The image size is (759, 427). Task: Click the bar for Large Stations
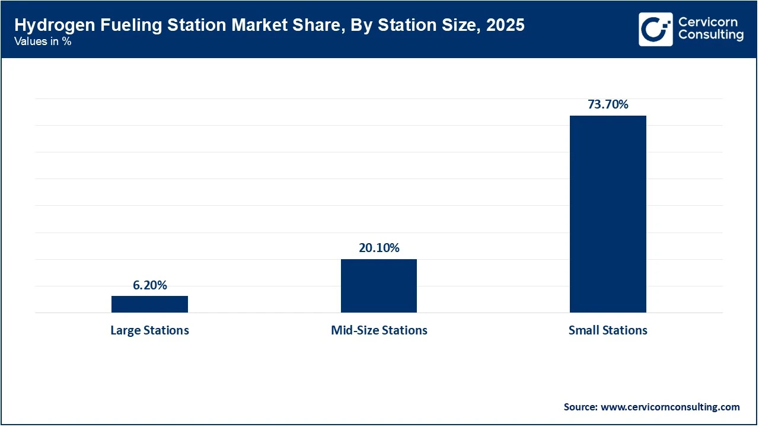pos(149,304)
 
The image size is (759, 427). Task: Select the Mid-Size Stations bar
pos(378,286)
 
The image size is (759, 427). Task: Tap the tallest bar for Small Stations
pos(608,213)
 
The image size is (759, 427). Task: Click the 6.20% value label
pos(149,285)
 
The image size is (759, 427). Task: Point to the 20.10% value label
pos(379,248)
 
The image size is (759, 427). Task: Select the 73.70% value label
pos(608,104)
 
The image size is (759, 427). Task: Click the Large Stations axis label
pos(149,330)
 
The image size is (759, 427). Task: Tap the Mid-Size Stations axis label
pos(379,330)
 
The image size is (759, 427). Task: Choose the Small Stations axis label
pos(608,330)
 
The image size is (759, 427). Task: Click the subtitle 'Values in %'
pos(43,42)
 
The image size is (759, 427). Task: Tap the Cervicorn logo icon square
pos(655,29)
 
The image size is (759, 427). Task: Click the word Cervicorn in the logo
pos(708,22)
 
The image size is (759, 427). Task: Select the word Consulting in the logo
pos(710,36)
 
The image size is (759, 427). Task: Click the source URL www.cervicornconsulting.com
pos(670,407)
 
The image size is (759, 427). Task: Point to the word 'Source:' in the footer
pos(581,407)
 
